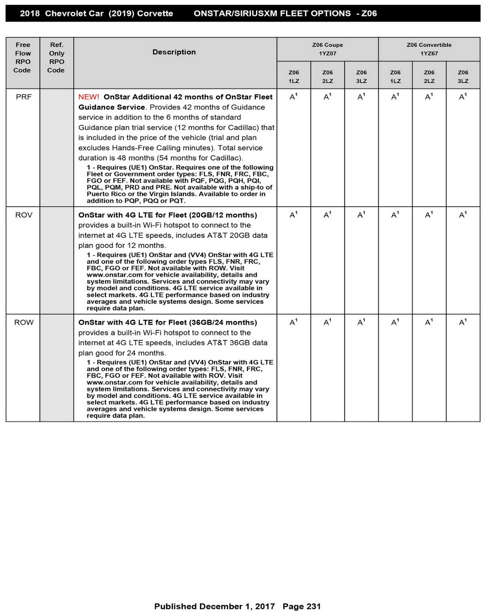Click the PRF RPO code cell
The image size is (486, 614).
click(x=23, y=97)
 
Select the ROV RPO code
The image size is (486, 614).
click(x=23, y=215)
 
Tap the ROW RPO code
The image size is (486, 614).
click(x=23, y=323)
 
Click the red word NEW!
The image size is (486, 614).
click(x=89, y=97)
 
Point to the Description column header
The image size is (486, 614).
click(x=174, y=52)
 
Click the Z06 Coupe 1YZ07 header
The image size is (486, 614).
click(x=327, y=49)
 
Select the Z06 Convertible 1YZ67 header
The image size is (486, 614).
click(x=429, y=49)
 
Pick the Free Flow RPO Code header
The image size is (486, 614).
click(x=23, y=58)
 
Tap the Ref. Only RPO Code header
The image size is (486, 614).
click(x=56, y=58)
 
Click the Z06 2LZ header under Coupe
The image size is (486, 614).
click(x=327, y=77)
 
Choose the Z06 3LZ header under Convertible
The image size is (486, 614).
click(x=463, y=77)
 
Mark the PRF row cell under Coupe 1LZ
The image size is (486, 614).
click(x=293, y=97)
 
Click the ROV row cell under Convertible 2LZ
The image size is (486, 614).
click(x=429, y=215)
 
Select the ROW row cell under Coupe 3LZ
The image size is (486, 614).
click(x=361, y=323)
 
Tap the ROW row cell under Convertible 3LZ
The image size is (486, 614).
click(x=463, y=323)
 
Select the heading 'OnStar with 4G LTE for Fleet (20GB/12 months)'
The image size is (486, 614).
click(x=168, y=215)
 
